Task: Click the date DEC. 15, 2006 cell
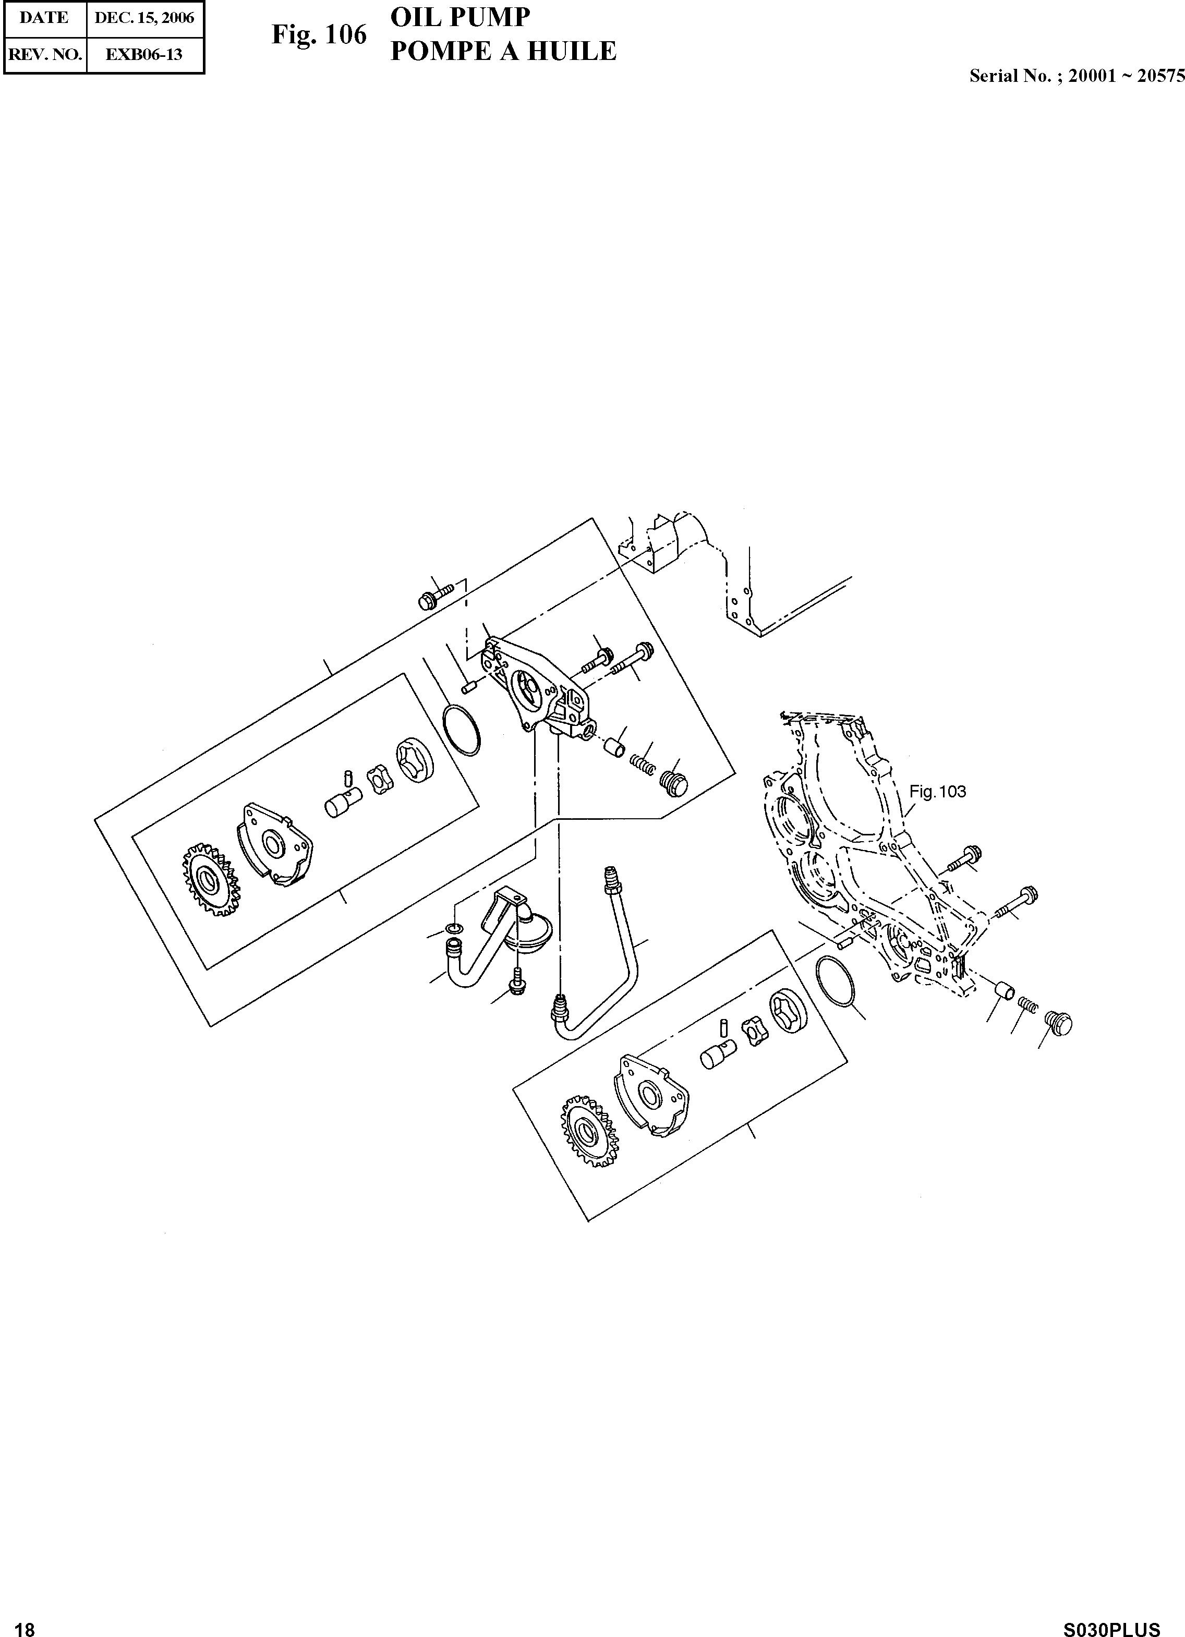pos(144,18)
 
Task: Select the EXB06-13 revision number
pos(144,54)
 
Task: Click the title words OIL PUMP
pos(460,17)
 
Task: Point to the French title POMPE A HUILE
pos(503,51)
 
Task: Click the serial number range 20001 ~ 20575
pos(1126,76)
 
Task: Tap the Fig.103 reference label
pos(937,792)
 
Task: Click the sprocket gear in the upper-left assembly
pos(210,880)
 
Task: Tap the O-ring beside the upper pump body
pos(461,731)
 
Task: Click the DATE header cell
pos(44,18)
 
